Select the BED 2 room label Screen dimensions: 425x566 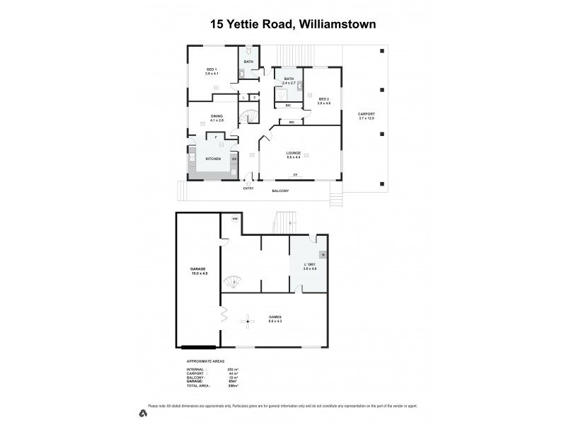(x=324, y=99)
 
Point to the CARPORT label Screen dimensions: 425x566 (x=366, y=114)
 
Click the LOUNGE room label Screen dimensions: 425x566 (x=294, y=152)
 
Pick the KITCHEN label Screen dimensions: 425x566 (x=213, y=159)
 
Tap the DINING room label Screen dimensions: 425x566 (x=216, y=116)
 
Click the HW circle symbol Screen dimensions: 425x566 (x=235, y=219)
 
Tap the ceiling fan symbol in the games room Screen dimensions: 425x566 (x=248, y=322)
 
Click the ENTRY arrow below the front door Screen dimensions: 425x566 (x=248, y=182)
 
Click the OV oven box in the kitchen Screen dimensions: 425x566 (x=234, y=159)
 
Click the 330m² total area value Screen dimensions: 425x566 (x=233, y=386)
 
